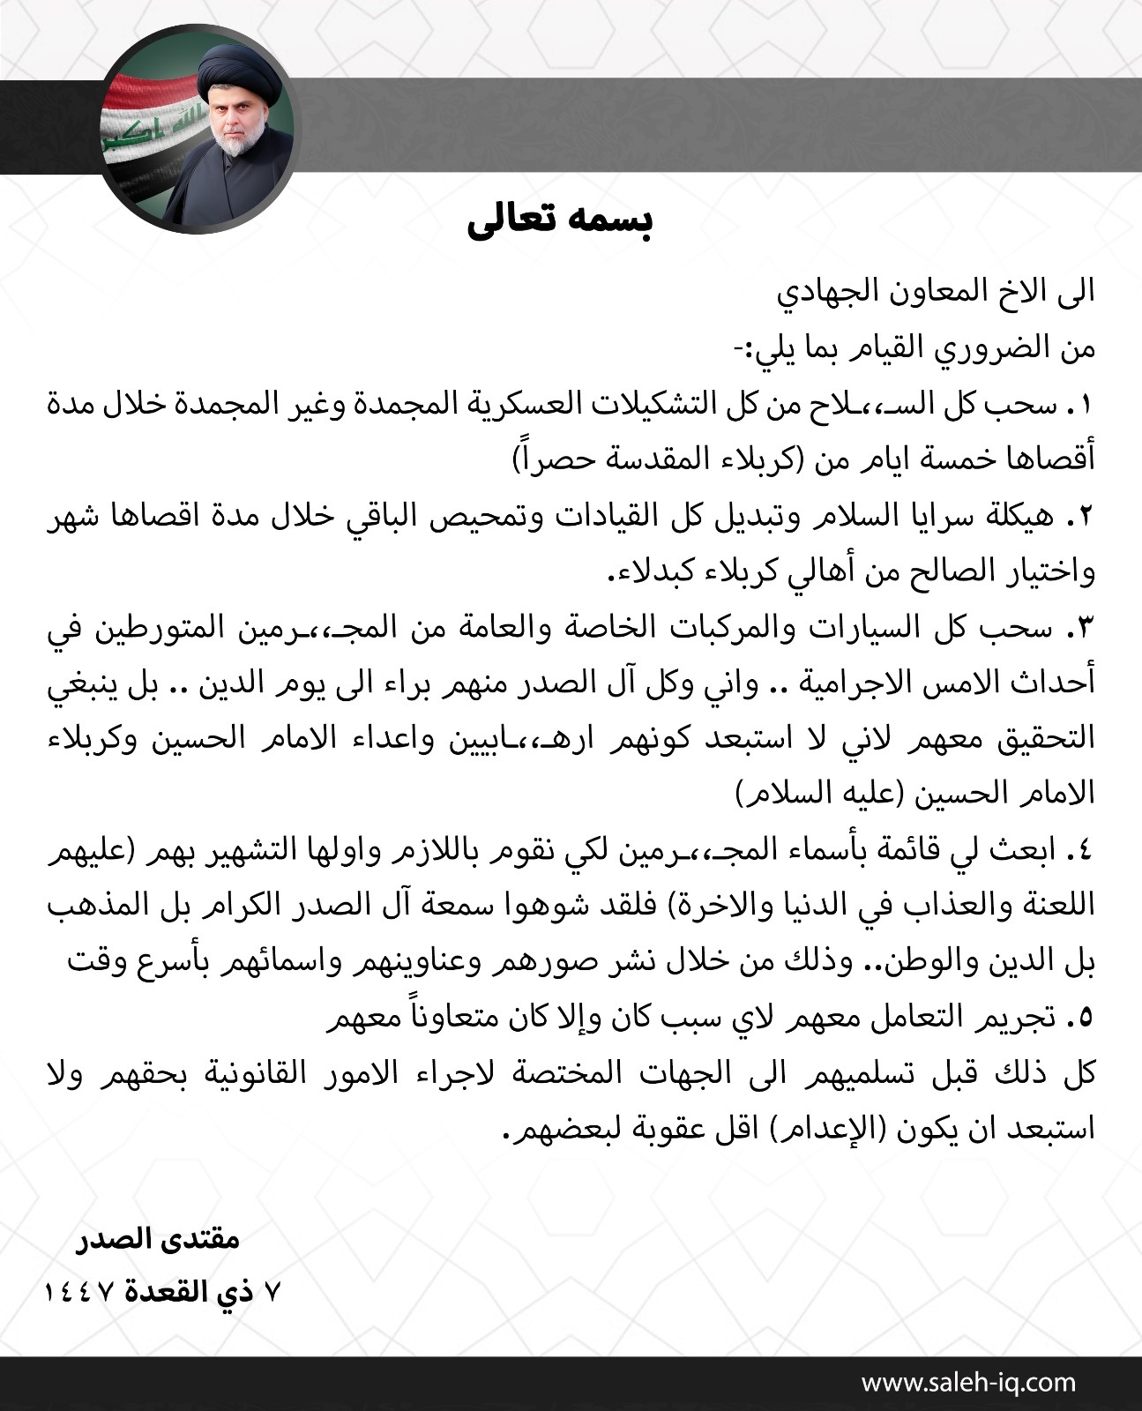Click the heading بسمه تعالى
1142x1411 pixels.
click(559, 222)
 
